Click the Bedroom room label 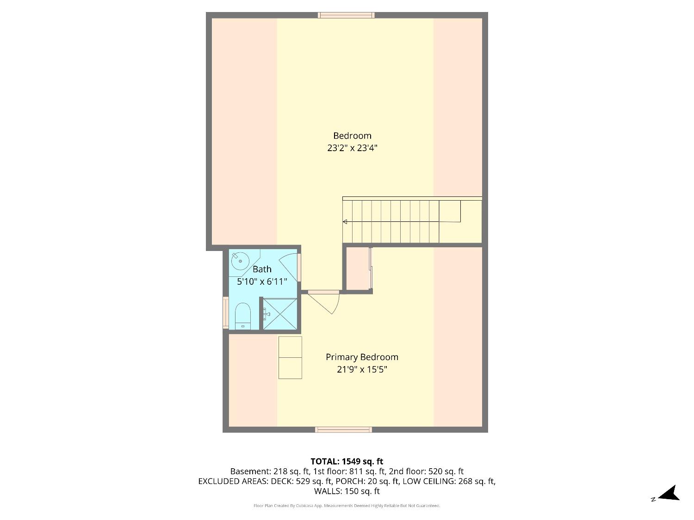tap(352, 135)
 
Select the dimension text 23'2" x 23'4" tap(352, 148)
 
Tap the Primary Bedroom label tap(362, 357)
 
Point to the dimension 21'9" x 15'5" tap(362, 369)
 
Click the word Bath tap(262, 269)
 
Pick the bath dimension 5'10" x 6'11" tap(262, 281)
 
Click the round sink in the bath tap(240, 261)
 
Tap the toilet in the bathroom tap(243, 316)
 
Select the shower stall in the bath tap(280, 314)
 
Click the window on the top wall tap(346, 15)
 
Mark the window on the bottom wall tap(343, 430)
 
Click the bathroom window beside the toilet tap(226, 312)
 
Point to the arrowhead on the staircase tap(345, 222)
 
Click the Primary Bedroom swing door tap(325, 301)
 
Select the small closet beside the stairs tap(357, 269)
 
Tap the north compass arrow tap(669, 494)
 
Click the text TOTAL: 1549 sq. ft tap(347, 461)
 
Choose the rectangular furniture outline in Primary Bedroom tap(290, 358)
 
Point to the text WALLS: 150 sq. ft tap(347, 491)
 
